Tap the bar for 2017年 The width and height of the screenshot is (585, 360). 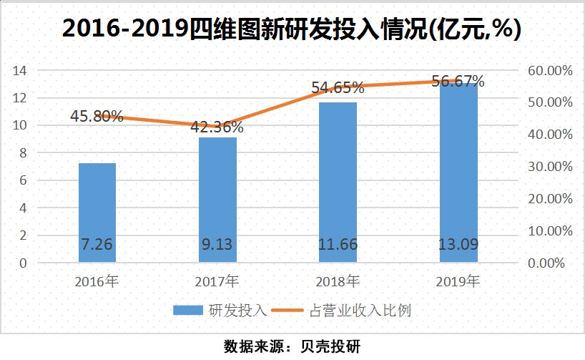pyautogui.click(x=217, y=200)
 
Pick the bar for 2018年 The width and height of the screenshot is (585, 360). pyautogui.click(x=338, y=183)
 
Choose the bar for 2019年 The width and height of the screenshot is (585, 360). pyautogui.click(x=458, y=172)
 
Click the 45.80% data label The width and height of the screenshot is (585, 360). pyautogui.click(x=97, y=116)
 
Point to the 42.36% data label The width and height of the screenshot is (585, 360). pyautogui.click(x=217, y=128)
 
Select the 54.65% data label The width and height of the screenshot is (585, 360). pyautogui.click(x=338, y=88)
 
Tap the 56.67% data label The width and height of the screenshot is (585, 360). pyautogui.click(x=458, y=81)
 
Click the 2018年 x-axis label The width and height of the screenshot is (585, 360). pyautogui.click(x=338, y=281)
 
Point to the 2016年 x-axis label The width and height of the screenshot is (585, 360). pyautogui.click(x=97, y=281)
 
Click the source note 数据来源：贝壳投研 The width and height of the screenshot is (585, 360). pyautogui.click(x=292, y=346)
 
